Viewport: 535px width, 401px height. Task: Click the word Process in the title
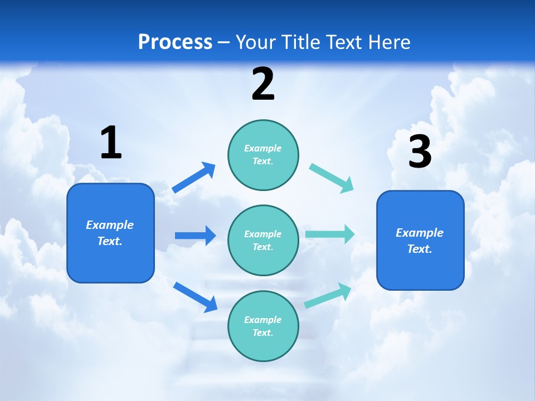click(175, 42)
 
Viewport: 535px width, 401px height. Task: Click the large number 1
click(111, 143)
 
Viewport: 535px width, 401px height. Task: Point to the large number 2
click(263, 84)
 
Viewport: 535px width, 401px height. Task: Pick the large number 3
click(420, 151)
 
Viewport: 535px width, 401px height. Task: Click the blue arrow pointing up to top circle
click(194, 178)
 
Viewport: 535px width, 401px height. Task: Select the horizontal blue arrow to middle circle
click(195, 236)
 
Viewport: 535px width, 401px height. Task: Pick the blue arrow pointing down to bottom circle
click(195, 296)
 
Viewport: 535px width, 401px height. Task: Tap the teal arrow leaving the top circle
click(332, 178)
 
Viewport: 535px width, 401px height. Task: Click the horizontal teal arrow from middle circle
click(330, 234)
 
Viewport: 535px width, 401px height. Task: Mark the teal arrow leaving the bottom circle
click(328, 295)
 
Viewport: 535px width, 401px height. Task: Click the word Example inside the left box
click(110, 225)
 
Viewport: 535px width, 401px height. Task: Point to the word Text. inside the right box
click(420, 249)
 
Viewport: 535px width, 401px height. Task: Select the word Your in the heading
click(256, 42)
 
